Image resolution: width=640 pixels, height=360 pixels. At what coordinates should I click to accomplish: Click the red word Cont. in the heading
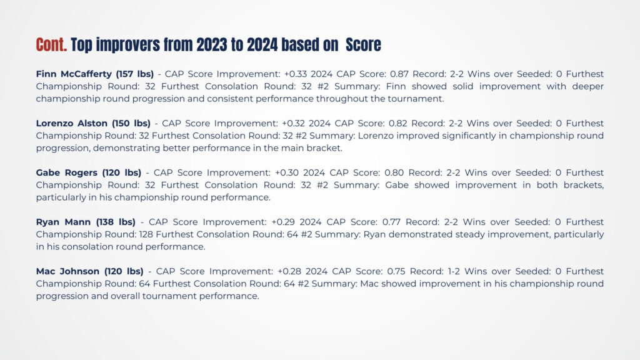(51, 45)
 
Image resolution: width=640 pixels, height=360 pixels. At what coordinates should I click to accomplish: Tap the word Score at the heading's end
(363, 45)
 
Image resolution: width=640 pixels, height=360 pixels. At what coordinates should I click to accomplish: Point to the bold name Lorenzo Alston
(72, 123)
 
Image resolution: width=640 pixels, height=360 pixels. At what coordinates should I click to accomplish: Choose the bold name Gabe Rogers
(67, 173)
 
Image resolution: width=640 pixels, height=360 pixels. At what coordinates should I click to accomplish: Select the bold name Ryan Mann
(63, 222)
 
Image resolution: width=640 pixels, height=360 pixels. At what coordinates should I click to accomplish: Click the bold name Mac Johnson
(67, 271)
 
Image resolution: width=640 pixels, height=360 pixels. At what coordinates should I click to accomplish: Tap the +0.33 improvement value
(295, 74)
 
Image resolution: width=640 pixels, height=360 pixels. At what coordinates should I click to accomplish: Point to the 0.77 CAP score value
(391, 222)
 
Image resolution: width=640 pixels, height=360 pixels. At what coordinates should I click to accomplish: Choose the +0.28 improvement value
(289, 271)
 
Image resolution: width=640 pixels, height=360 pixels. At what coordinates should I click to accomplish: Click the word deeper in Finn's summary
(587, 87)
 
